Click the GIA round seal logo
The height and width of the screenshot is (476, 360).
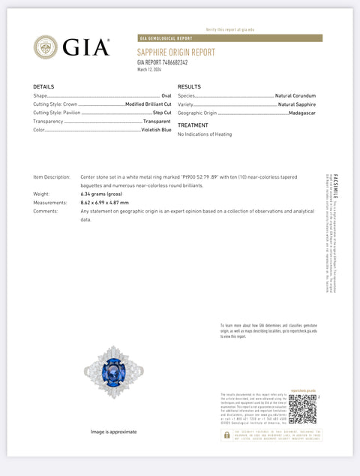(x=45, y=47)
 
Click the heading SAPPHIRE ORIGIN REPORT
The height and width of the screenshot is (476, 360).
(x=175, y=53)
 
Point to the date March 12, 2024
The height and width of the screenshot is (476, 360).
(x=149, y=69)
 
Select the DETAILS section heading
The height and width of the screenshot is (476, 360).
(x=43, y=87)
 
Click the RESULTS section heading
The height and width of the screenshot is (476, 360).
(x=189, y=87)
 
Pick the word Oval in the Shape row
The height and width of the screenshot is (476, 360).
(x=166, y=96)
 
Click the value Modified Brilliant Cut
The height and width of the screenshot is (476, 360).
(x=148, y=104)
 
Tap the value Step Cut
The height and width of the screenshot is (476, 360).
(x=162, y=113)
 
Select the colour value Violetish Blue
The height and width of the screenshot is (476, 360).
(x=157, y=129)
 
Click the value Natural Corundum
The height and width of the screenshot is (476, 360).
(x=295, y=96)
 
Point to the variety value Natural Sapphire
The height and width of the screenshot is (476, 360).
(x=297, y=104)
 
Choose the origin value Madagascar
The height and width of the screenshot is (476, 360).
(x=302, y=113)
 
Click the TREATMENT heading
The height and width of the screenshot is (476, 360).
(x=193, y=125)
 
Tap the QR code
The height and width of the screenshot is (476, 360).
(x=301, y=409)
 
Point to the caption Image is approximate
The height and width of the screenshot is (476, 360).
(x=113, y=432)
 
